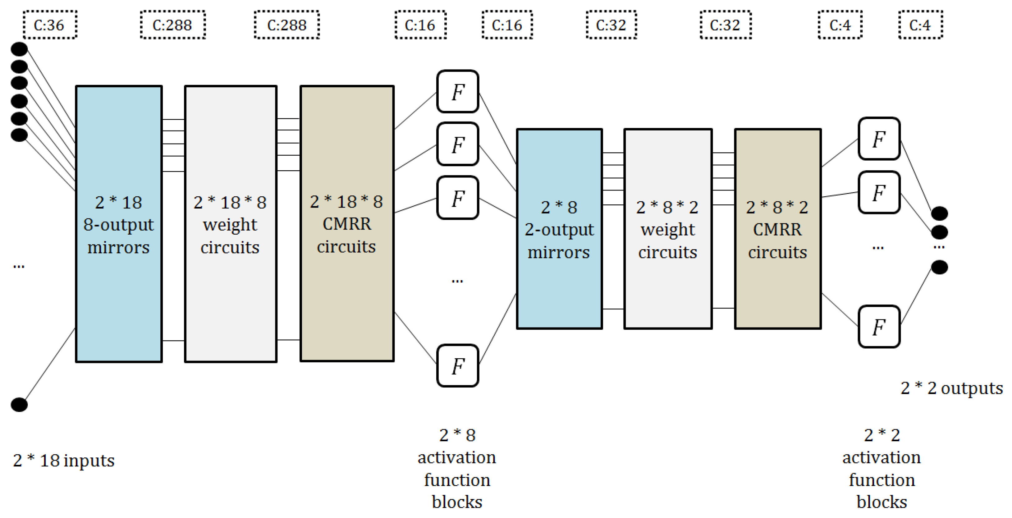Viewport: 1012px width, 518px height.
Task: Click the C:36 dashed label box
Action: click(x=49, y=25)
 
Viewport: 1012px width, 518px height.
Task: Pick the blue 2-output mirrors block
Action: click(x=559, y=229)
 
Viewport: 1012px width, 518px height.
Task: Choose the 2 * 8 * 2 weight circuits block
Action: click(x=667, y=229)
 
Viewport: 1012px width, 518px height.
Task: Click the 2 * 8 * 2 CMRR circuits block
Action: click(x=777, y=229)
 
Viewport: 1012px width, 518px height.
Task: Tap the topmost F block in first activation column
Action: click(x=458, y=92)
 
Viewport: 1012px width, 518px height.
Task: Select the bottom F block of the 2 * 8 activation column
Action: click(x=458, y=365)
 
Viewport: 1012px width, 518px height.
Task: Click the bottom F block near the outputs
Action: click(x=879, y=327)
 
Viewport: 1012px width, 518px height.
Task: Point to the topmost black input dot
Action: click(x=19, y=49)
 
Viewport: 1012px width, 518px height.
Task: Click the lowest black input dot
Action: click(x=19, y=404)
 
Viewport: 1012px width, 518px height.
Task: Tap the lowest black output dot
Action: click(x=939, y=268)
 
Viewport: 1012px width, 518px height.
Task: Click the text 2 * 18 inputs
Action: click(x=64, y=460)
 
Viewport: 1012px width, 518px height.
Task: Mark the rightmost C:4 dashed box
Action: click(x=920, y=25)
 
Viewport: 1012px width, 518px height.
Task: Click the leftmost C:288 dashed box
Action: click(x=173, y=25)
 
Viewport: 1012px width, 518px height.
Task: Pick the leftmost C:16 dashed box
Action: click(x=420, y=25)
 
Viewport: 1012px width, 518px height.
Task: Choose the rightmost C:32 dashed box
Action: click(x=725, y=25)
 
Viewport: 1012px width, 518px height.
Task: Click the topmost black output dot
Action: click(x=939, y=213)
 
